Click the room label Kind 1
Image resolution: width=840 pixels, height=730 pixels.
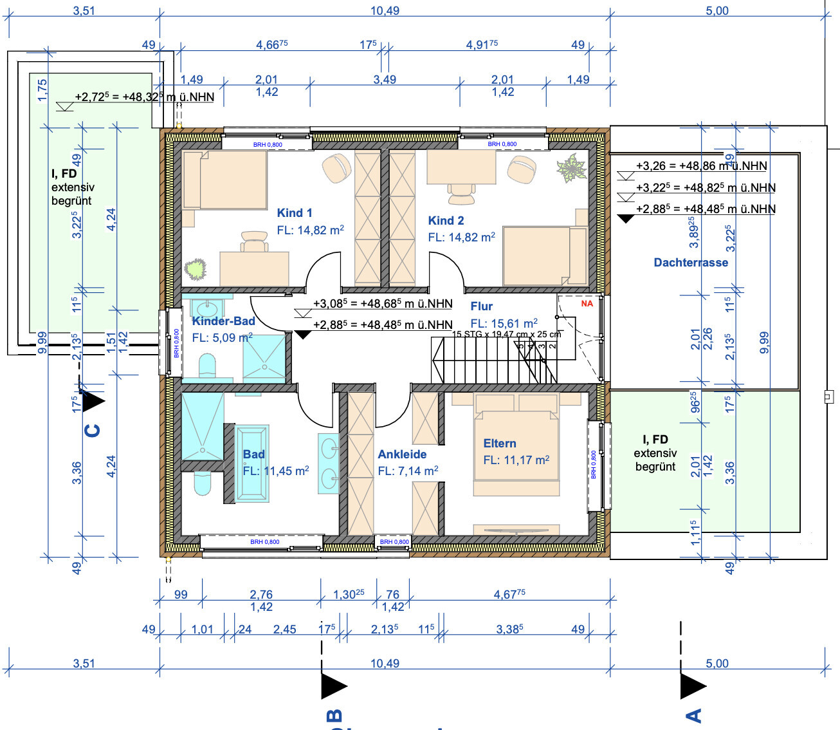[295, 213]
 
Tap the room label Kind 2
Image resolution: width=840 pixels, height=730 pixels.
[446, 221]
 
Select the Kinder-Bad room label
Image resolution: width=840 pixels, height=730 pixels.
[223, 321]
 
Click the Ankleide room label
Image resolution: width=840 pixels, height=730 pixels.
[402, 454]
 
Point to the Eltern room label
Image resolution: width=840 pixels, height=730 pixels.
[500, 444]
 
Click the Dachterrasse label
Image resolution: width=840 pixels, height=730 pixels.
[691, 263]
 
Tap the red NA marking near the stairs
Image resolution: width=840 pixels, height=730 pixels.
[587, 303]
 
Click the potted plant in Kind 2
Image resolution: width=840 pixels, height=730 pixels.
[571, 168]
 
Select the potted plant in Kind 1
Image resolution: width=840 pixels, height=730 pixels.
[195, 268]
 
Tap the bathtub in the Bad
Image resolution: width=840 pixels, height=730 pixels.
[252, 462]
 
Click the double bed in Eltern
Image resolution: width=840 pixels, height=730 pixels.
[516, 444]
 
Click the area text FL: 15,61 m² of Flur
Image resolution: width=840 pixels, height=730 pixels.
[504, 323]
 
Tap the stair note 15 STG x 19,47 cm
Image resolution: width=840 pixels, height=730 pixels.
[506, 334]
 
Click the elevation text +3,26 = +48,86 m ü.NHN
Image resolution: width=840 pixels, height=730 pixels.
[701, 166]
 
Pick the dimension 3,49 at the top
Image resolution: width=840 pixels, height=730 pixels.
[385, 80]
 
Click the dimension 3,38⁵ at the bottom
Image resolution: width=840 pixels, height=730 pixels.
[509, 629]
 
